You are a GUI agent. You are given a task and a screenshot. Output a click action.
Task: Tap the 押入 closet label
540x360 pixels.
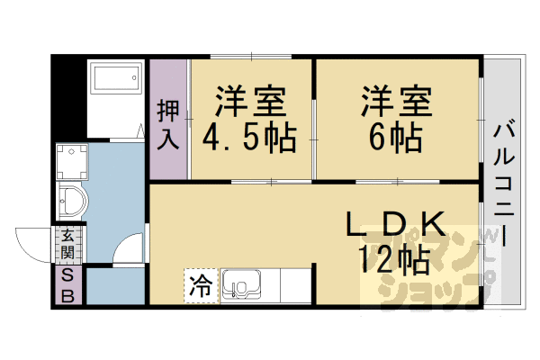(168, 124)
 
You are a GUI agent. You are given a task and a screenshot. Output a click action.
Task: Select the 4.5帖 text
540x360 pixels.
(249, 139)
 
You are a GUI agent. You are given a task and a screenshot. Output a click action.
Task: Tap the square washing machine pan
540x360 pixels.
(71, 162)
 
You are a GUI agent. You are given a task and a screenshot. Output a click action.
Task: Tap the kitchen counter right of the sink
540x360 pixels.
(292, 286)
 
